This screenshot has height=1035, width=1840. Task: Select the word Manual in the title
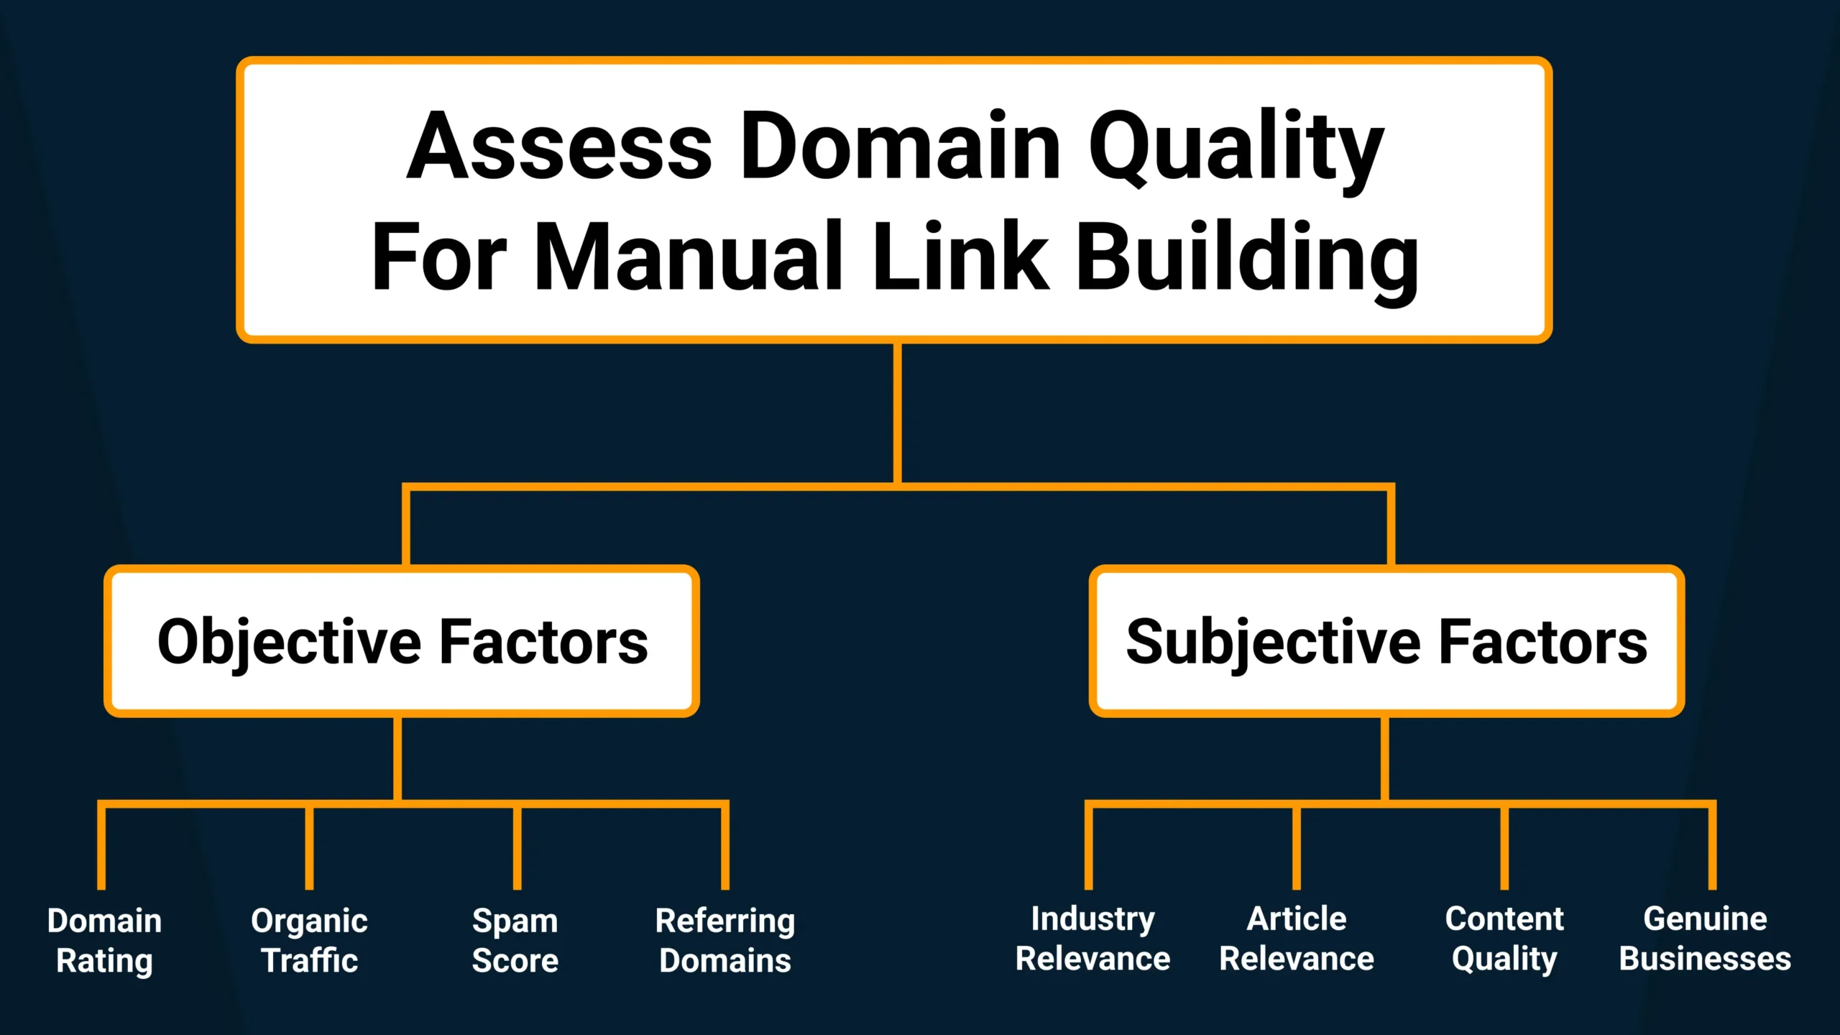[687, 257]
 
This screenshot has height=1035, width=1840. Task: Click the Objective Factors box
[402, 642]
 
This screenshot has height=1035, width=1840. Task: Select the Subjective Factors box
[1386, 642]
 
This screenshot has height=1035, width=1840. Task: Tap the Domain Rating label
[104, 941]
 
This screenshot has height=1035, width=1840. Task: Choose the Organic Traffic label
[309, 941]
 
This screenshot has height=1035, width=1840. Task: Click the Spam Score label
[515, 941]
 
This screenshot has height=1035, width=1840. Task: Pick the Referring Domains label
[725, 941]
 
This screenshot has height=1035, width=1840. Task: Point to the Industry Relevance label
[1092, 939]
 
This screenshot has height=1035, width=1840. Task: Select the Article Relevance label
[1297, 939]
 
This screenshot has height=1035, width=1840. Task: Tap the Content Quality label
[1504, 939]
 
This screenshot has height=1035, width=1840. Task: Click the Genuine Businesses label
[1705, 939]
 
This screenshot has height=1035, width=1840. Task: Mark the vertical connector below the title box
[898, 413]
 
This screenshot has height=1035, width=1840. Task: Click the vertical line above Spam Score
[517, 848]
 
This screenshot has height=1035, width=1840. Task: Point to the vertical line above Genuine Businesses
[1712, 848]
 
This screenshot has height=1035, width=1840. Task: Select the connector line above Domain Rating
[101, 848]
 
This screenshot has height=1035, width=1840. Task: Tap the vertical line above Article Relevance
[1297, 848]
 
